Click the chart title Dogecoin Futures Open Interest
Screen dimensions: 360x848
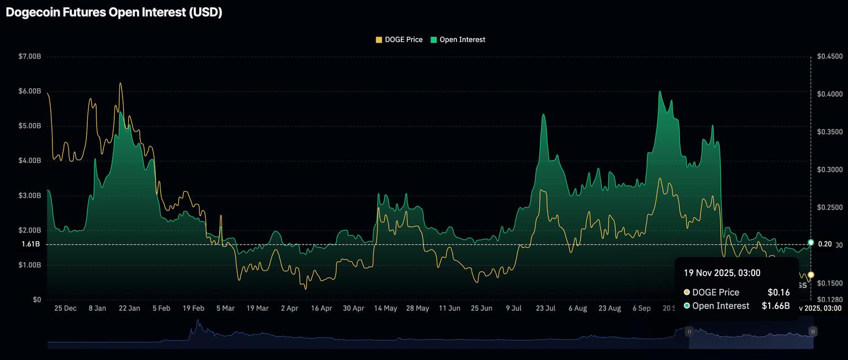pos(114,12)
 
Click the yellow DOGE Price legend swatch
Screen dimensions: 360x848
pos(379,40)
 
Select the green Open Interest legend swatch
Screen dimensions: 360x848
pos(433,40)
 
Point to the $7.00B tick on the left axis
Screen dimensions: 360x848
pos(30,56)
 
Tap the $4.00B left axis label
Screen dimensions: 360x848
pos(30,161)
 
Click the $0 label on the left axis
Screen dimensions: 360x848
pos(37,300)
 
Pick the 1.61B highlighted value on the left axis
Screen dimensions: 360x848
pos(31,244)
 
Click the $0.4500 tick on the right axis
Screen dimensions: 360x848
pos(830,56)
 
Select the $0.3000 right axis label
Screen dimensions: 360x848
pos(830,170)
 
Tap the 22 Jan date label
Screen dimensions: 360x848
pos(129,309)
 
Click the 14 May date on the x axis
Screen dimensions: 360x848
pos(385,309)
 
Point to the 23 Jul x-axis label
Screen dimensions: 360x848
pos(545,309)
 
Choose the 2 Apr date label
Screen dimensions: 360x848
pos(289,309)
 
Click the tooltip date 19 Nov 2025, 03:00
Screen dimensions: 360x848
pos(722,273)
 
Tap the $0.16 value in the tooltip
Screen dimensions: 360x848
pos(778,293)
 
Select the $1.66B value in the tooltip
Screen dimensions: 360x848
pos(776,306)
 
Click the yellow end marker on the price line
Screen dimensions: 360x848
pos(810,275)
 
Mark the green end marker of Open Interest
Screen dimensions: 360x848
pos(810,242)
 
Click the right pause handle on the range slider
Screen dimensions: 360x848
pos(813,331)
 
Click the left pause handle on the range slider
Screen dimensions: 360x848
pos(689,331)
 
